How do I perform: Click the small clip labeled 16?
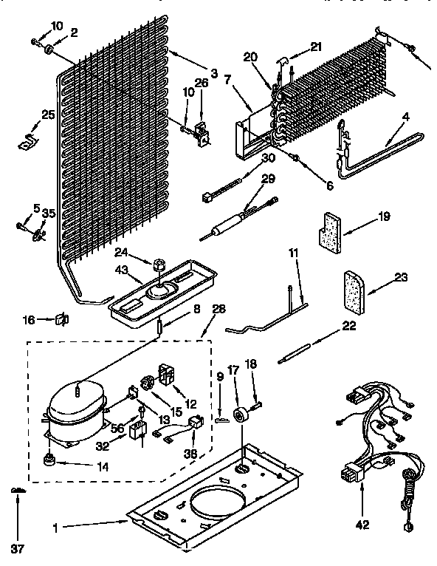[x=61, y=319]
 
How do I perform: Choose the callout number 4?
[x=405, y=116]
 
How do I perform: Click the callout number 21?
[x=317, y=46]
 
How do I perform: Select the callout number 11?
[x=293, y=253]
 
